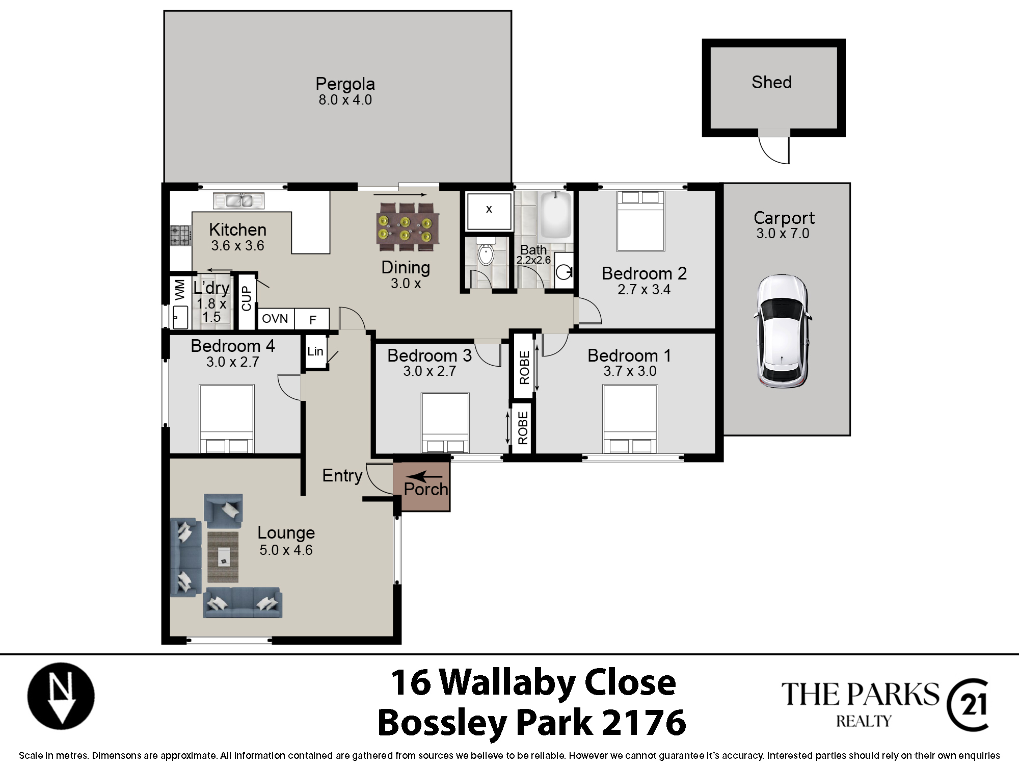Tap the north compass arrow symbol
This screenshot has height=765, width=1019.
[61, 696]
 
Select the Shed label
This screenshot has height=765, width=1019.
[771, 82]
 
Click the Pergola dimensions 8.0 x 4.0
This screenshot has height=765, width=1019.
[345, 100]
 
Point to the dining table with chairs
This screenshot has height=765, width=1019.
[408, 227]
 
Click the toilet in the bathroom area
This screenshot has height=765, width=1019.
[486, 251]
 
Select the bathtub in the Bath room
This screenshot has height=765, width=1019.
[556, 215]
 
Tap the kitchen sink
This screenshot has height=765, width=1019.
[239, 200]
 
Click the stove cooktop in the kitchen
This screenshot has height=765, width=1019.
[181, 236]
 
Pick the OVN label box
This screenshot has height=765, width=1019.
[276, 319]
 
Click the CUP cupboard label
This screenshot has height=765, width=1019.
[247, 298]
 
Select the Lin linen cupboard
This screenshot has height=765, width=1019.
[315, 351]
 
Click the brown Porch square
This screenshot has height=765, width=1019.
[421, 487]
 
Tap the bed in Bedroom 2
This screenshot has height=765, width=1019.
[640, 221]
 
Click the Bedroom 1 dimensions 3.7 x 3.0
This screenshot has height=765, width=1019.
[630, 371]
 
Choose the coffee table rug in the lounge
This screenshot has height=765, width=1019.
[223, 557]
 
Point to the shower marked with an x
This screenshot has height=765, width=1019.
[489, 211]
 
